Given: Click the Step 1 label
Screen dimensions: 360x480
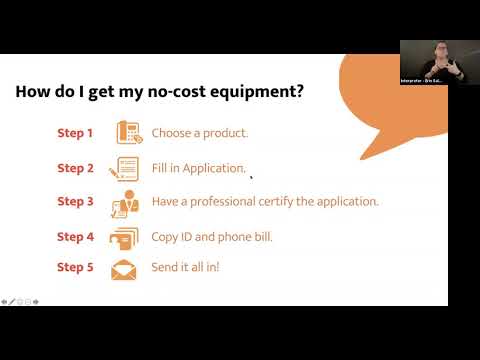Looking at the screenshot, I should coord(75,133).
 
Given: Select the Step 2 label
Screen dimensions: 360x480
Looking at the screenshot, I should coord(75,168).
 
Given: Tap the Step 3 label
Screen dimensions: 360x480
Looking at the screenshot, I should coord(75,202).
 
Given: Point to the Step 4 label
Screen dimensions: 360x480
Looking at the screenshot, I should coord(75,237).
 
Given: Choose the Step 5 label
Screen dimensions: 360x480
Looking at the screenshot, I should coord(75,268).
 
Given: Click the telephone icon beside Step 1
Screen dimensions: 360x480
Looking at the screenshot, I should coord(126,133).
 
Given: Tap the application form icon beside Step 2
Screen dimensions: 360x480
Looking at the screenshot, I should coord(126,168).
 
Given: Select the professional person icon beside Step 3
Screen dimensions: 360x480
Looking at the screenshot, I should coord(126,202).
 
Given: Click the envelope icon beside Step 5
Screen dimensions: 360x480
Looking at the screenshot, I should coord(125,269).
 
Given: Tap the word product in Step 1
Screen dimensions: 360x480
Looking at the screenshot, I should coord(225,133).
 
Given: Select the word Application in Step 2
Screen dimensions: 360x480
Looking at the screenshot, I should coord(213,169).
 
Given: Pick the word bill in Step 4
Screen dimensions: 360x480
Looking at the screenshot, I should coord(261,237).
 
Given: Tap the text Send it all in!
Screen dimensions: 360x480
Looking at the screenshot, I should coord(185,268).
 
